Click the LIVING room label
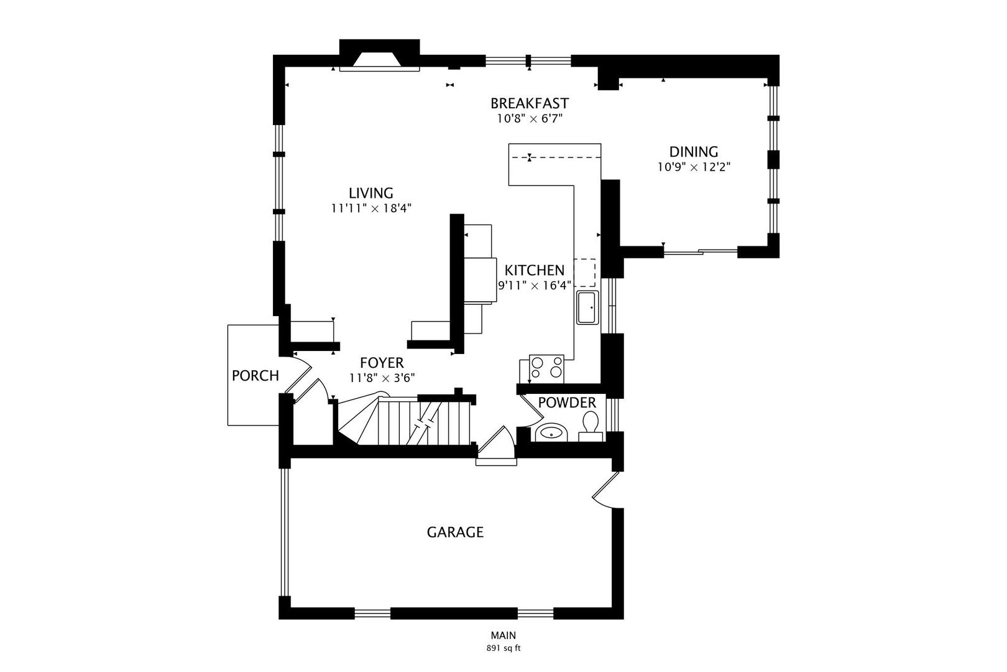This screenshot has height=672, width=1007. click(x=371, y=193)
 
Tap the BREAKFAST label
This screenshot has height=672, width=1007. click(x=530, y=103)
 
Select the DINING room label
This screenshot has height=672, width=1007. click(x=694, y=152)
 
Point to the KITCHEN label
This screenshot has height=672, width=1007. click(x=534, y=270)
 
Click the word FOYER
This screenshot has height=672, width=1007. click(x=382, y=363)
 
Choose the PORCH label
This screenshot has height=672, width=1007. click(x=255, y=375)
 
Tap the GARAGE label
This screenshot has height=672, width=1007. click(x=455, y=533)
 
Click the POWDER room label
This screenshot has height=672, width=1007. click(x=567, y=403)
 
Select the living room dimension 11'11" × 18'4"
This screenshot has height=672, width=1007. click(x=371, y=208)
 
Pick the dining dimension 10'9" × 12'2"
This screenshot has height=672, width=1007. click(x=694, y=167)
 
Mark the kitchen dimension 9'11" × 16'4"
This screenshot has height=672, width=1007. click(x=535, y=286)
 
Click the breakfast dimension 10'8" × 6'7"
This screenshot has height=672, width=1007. click(x=530, y=119)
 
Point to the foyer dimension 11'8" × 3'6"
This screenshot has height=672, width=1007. click(x=382, y=378)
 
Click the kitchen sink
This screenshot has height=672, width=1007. click(x=588, y=307)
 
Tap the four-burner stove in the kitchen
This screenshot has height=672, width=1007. click(x=546, y=367)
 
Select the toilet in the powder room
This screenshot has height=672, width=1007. click(x=591, y=427)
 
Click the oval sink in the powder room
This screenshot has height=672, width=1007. click(x=551, y=433)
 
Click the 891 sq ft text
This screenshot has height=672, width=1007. click(x=503, y=648)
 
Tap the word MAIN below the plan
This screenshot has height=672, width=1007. click(x=503, y=635)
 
